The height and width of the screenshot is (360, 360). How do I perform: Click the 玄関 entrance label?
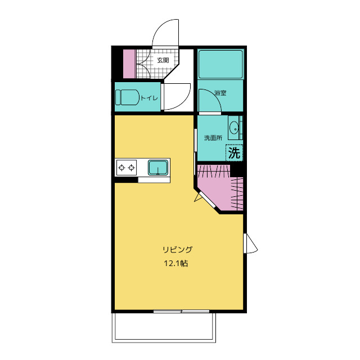[163, 60]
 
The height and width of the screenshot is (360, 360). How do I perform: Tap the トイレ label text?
[149, 98]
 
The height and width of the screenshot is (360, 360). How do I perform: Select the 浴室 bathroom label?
[220, 93]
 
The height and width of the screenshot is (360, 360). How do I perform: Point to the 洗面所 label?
[213, 138]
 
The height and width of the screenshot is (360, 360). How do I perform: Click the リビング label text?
[178, 249]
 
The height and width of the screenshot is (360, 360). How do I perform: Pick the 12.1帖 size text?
[176, 263]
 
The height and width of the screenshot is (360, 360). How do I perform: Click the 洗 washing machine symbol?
[234, 152]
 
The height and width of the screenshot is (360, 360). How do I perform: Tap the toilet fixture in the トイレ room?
[127, 97]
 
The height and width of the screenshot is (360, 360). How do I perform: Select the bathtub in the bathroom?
[220, 64]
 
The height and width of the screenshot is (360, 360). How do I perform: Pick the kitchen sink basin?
[158, 168]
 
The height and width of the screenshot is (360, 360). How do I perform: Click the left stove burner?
[121, 168]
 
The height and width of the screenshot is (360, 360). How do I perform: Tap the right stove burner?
[131, 168]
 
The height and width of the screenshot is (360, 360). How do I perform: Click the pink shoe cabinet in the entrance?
[130, 64]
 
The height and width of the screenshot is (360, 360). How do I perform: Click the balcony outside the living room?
[164, 327]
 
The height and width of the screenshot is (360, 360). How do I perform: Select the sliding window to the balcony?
[181, 311]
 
